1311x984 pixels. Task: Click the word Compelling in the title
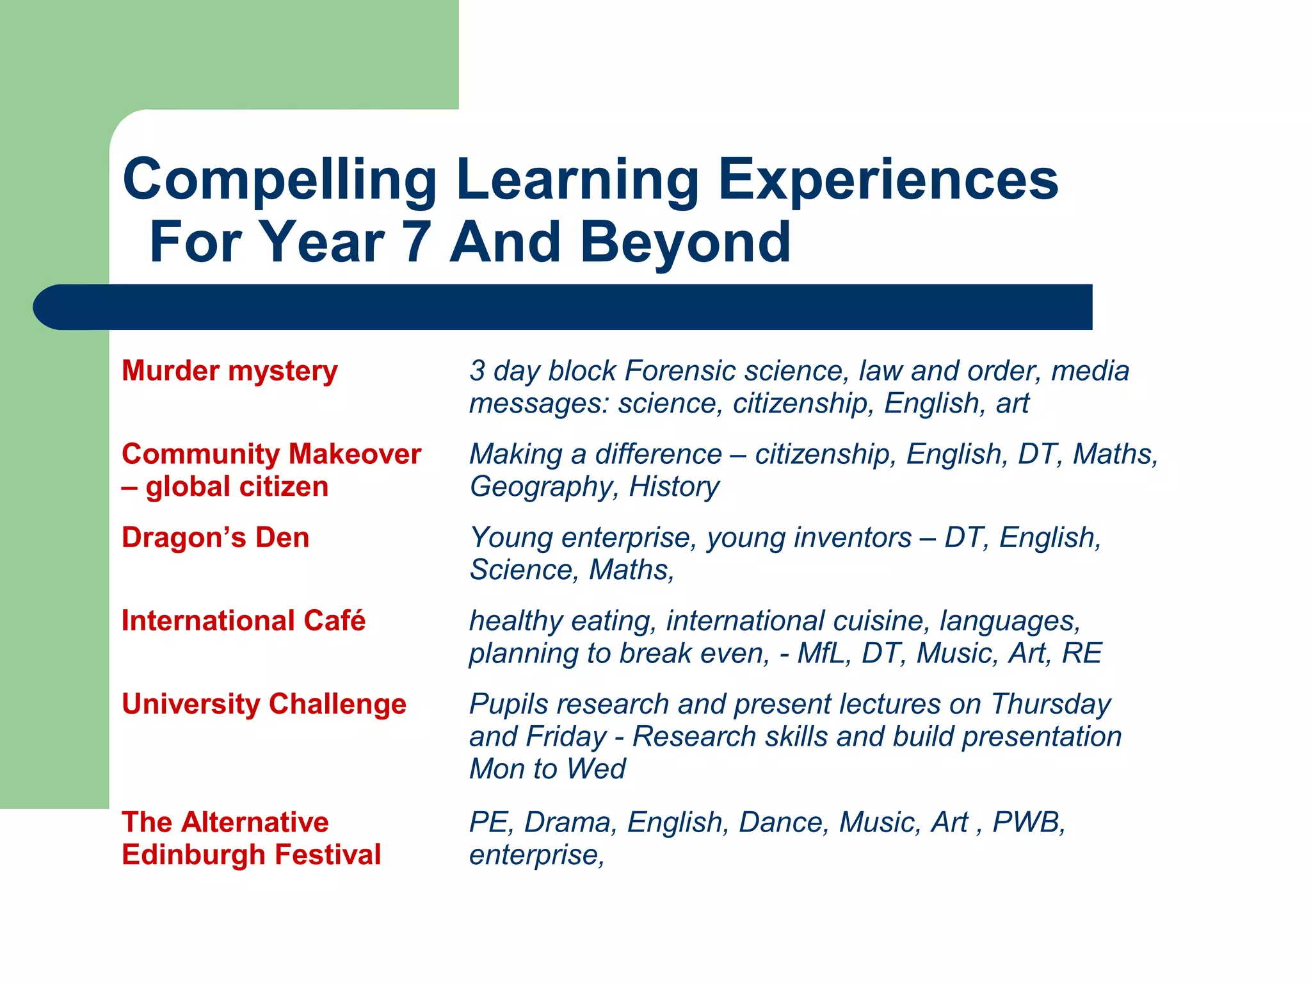pyautogui.click(x=280, y=181)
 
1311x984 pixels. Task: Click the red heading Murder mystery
pyautogui.click(x=229, y=371)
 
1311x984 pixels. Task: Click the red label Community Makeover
pyautogui.click(x=271, y=454)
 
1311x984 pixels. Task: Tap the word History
pyautogui.click(x=674, y=487)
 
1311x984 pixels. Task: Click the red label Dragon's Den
pyautogui.click(x=215, y=537)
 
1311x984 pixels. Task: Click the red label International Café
pyautogui.click(x=243, y=620)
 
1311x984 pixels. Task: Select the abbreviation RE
pyautogui.click(x=1081, y=653)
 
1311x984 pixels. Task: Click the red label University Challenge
pyautogui.click(x=264, y=703)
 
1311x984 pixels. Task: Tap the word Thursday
pyautogui.click(x=1050, y=703)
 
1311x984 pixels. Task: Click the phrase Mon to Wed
pyautogui.click(x=547, y=769)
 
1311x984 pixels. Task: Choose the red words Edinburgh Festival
pyautogui.click(x=251, y=855)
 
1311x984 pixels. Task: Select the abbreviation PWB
pyautogui.click(x=1026, y=823)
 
